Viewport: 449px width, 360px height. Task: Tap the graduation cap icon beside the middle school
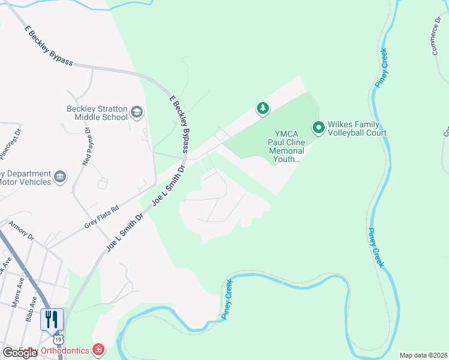point(137,112)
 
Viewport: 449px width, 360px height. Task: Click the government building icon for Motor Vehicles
point(60,176)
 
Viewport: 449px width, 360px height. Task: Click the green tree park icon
point(262,109)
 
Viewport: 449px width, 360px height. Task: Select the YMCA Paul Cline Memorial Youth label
point(286,146)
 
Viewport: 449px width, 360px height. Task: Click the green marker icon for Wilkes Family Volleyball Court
point(318,127)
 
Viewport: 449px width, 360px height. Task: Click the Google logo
point(20,353)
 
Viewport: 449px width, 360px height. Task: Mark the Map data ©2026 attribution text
point(423,355)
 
